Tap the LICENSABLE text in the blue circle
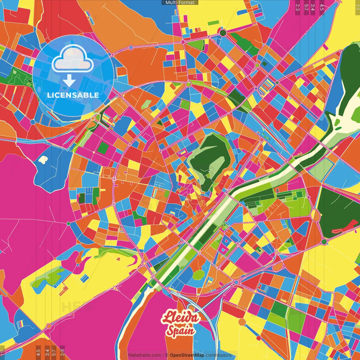73,95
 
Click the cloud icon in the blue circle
73,58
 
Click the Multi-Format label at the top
180,3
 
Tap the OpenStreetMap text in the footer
187,355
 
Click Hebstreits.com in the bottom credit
145,355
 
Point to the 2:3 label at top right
298,7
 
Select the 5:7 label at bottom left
54,352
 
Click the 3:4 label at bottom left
47,352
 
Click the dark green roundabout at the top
223,33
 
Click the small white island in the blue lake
43,160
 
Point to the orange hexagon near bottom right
242,322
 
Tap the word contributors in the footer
218,355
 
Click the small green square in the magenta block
103,147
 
